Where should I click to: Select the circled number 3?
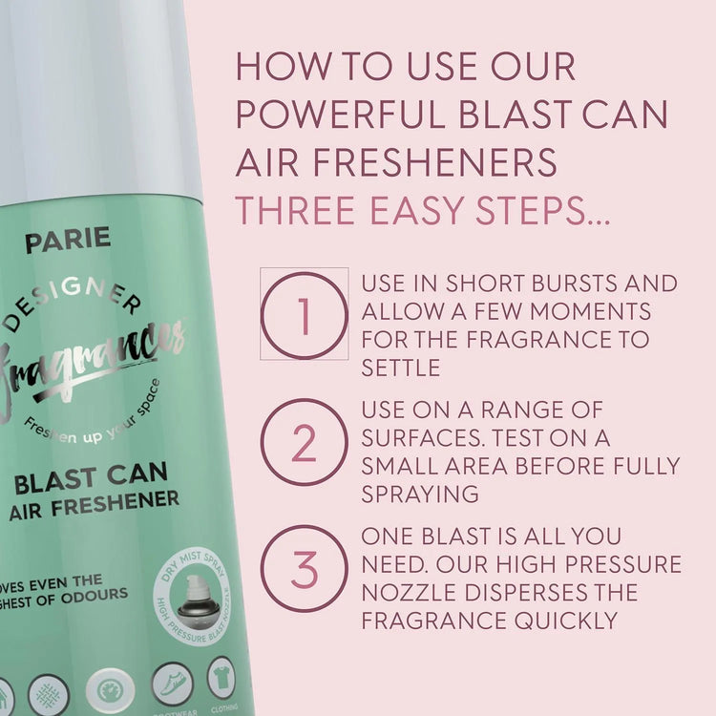(304, 569)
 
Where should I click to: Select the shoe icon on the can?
(173, 683)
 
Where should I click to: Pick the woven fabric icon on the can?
(48, 694)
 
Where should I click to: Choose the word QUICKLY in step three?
(567, 620)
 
